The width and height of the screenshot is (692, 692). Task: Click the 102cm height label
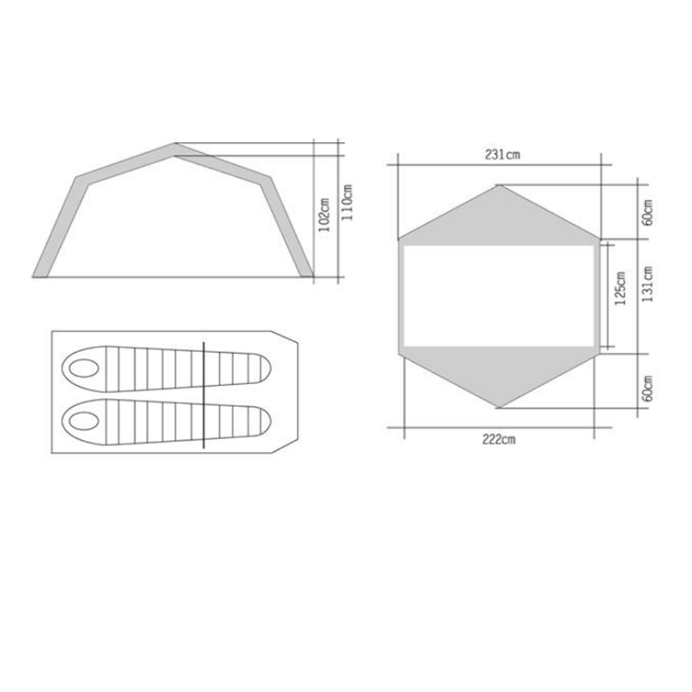coord(325,215)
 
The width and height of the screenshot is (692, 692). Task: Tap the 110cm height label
coord(347,203)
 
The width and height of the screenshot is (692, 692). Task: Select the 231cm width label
coord(502,155)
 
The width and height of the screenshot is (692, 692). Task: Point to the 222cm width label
coord(499,439)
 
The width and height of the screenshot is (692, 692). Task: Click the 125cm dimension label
coord(620,288)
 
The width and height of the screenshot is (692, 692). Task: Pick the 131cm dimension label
coord(648,284)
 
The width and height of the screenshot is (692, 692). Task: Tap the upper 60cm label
coord(648,212)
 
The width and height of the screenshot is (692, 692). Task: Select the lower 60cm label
coord(648,388)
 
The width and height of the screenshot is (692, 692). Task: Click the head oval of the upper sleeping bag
coord(84,368)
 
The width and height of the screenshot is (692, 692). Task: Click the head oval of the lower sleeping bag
coord(84,421)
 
